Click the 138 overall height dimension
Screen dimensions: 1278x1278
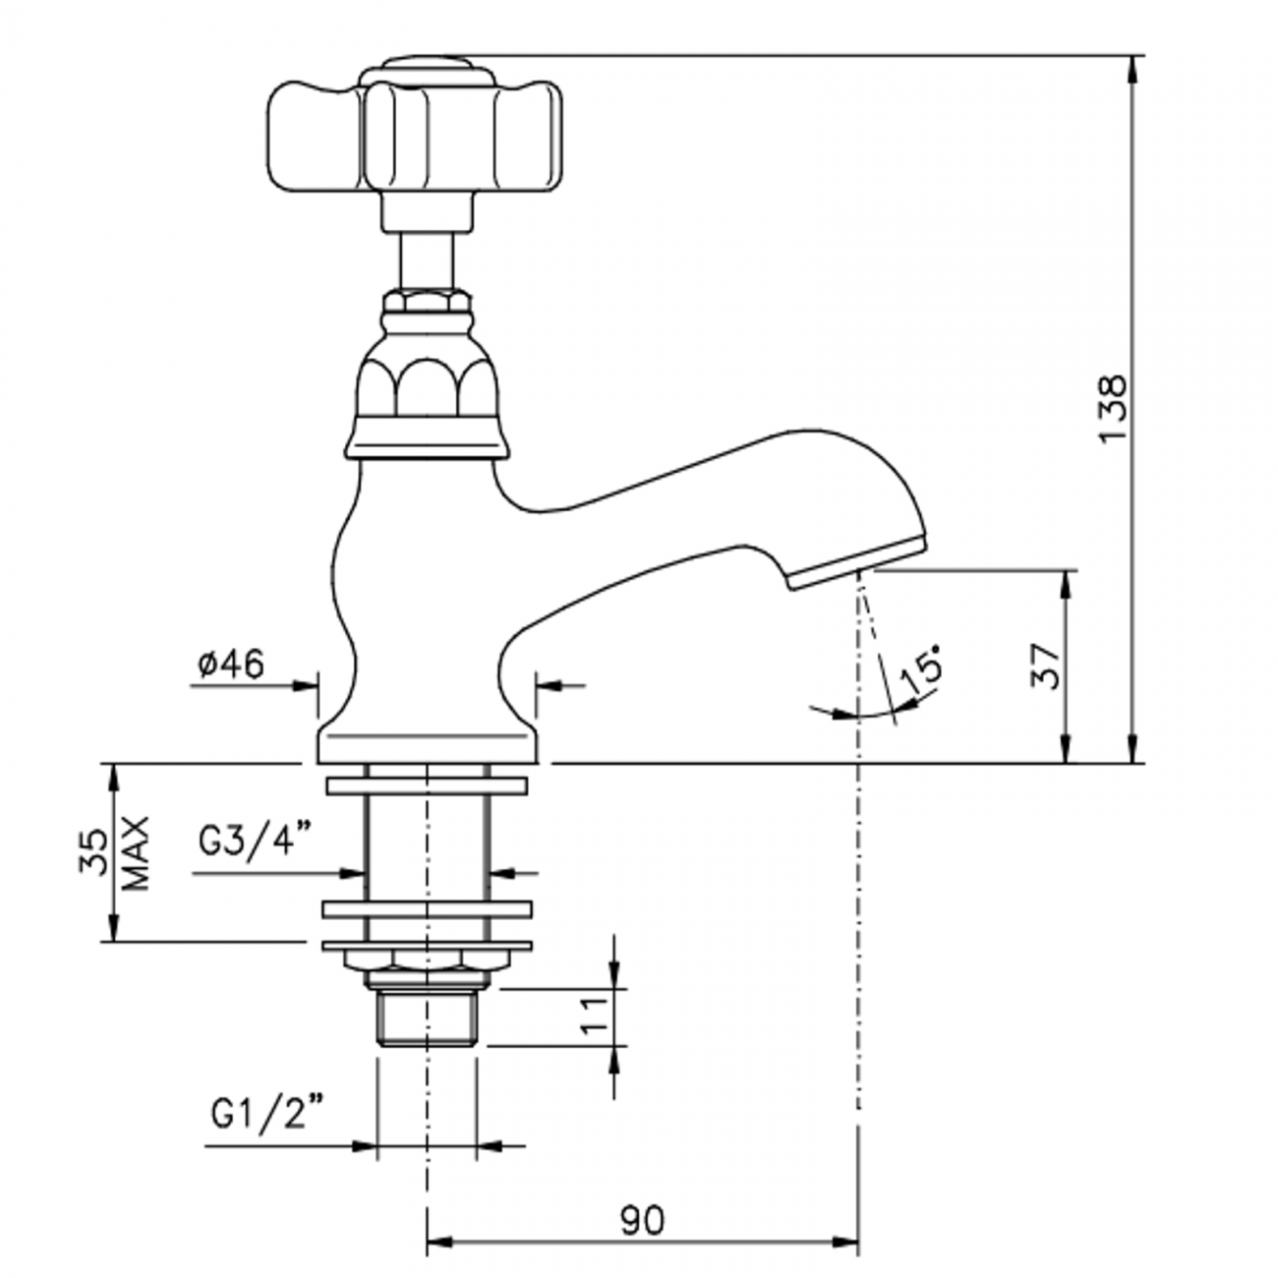point(1114,408)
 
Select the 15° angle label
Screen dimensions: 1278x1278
point(921,671)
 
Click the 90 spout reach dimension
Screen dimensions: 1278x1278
point(642,1220)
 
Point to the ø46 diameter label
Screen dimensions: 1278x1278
point(230,665)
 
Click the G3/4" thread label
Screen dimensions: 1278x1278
point(255,841)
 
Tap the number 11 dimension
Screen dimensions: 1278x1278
point(591,1013)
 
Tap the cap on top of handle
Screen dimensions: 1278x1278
point(426,71)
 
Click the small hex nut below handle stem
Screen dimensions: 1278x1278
point(426,299)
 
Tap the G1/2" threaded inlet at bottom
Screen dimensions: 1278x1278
point(427,1020)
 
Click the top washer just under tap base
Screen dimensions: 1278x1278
point(427,785)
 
